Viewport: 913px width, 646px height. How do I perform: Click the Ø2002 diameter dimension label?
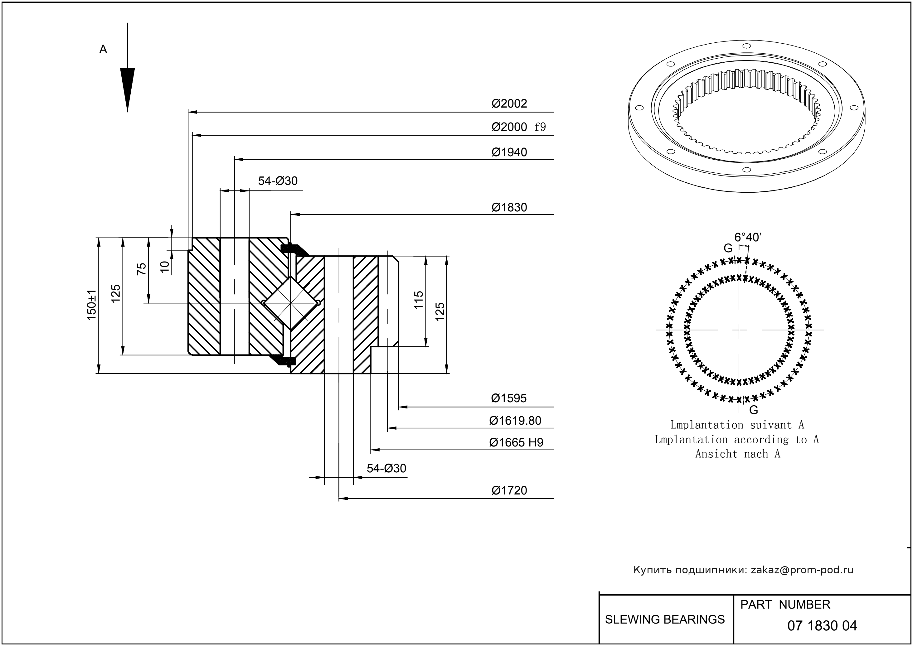click(x=509, y=104)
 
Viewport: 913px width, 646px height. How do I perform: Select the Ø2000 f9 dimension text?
click(x=518, y=127)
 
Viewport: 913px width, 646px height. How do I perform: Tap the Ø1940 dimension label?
click(x=509, y=152)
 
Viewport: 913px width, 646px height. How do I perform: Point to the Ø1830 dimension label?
click(x=509, y=207)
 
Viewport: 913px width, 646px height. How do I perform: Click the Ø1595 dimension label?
click(x=509, y=398)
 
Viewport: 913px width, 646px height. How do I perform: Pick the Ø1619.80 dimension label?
click(x=515, y=421)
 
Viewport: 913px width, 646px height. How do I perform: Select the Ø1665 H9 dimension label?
click(x=516, y=442)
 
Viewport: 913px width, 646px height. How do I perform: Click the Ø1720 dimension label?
click(x=509, y=490)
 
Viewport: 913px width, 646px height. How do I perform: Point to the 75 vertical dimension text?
click(x=141, y=269)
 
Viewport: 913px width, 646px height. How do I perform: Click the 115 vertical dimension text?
click(x=419, y=300)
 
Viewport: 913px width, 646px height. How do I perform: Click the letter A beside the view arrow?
click(x=103, y=49)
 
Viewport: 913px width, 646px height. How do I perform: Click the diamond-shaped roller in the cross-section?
click(x=291, y=303)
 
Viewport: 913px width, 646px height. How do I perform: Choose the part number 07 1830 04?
click(x=822, y=626)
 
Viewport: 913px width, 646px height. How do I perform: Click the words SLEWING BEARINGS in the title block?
click(x=665, y=619)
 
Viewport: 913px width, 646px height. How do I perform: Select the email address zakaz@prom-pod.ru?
click(x=802, y=570)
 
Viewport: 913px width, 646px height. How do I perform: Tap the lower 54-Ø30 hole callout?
click(x=386, y=469)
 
